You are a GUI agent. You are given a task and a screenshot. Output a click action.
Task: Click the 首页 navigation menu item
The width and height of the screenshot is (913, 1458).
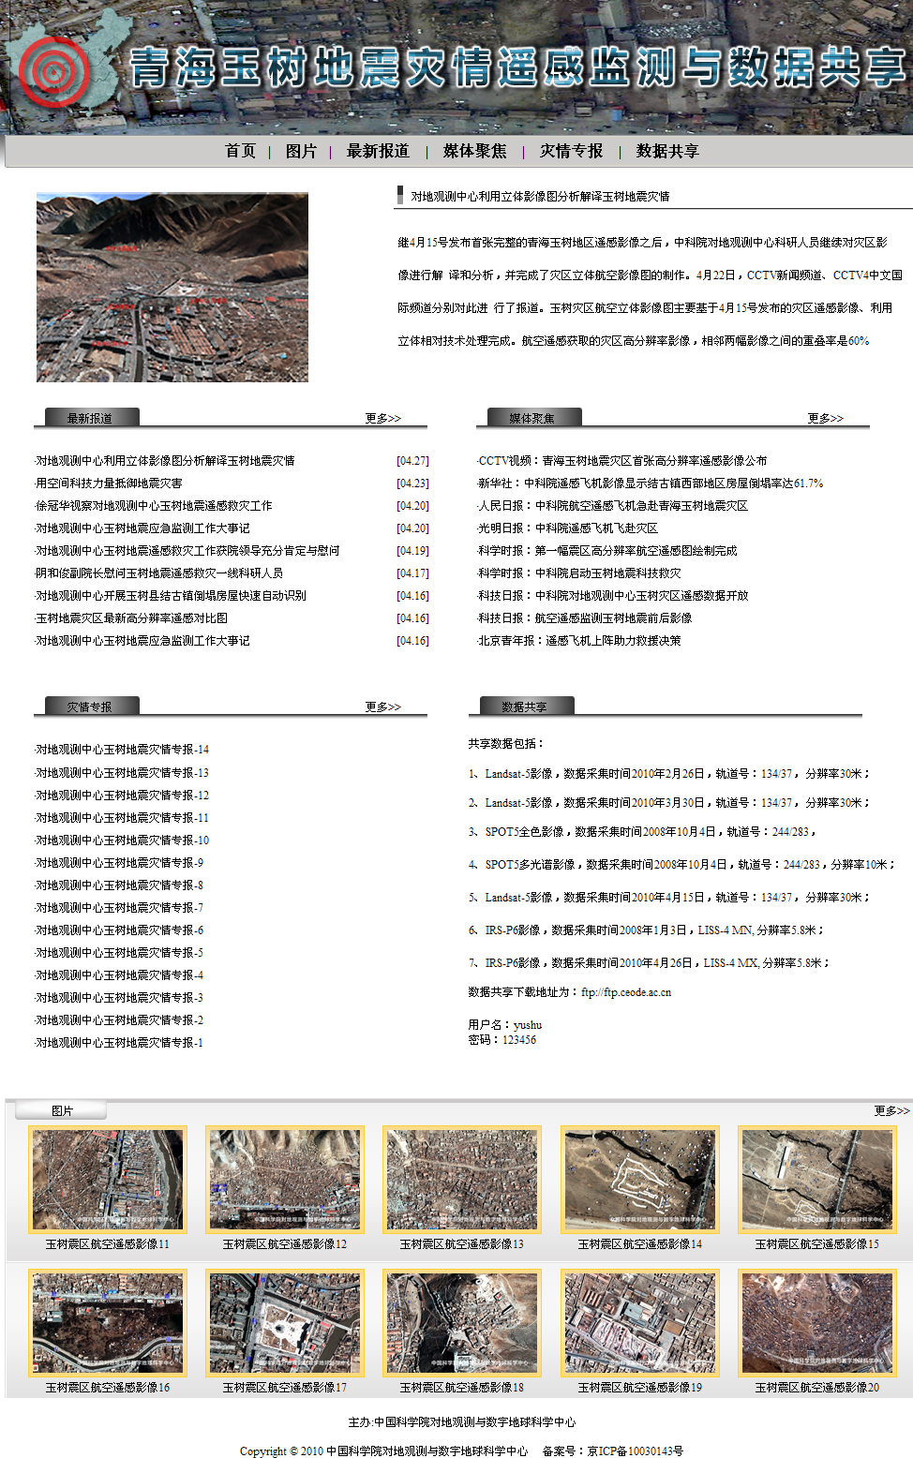(x=240, y=151)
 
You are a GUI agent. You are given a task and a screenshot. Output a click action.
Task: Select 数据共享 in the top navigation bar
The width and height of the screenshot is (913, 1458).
(x=667, y=151)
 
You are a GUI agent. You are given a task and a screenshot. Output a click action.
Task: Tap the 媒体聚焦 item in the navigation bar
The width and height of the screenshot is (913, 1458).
(x=474, y=151)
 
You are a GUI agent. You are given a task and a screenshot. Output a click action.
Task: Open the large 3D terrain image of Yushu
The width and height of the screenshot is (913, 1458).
(x=172, y=288)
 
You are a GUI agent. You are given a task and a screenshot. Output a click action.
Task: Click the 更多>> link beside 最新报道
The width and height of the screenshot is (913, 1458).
(x=382, y=418)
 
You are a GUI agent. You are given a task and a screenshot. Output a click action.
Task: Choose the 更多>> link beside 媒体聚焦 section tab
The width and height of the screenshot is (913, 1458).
(x=825, y=418)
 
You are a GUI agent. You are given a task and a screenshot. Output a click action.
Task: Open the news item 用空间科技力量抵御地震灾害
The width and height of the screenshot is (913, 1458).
(x=109, y=484)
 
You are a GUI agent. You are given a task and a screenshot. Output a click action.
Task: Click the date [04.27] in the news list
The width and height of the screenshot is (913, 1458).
(x=412, y=461)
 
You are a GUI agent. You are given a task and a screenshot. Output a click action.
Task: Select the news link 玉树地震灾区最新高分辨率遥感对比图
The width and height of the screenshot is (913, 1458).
(x=131, y=618)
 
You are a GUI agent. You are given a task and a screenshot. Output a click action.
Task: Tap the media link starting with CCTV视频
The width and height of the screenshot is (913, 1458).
(x=622, y=461)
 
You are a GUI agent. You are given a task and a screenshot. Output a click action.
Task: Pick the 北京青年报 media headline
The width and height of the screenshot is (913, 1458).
(x=579, y=641)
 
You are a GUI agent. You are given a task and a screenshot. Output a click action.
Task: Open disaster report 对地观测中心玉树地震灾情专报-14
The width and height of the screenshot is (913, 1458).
(x=122, y=750)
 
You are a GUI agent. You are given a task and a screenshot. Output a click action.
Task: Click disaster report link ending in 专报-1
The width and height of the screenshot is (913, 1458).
(x=119, y=1043)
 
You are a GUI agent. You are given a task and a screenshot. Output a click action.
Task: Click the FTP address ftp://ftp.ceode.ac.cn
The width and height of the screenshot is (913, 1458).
(x=626, y=992)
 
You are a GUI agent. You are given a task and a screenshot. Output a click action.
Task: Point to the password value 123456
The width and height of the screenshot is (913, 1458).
(x=519, y=1040)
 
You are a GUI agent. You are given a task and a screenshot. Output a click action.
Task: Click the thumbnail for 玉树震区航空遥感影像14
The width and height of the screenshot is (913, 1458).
(x=640, y=1179)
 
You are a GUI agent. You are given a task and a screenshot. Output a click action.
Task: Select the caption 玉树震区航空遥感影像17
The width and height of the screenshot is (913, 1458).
(x=285, y=1388)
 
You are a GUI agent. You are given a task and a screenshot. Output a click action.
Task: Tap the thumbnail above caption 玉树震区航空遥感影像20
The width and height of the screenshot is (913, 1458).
(x=817, y=1322)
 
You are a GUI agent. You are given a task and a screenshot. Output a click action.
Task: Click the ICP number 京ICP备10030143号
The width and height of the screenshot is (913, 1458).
(x=636, y=1451)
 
